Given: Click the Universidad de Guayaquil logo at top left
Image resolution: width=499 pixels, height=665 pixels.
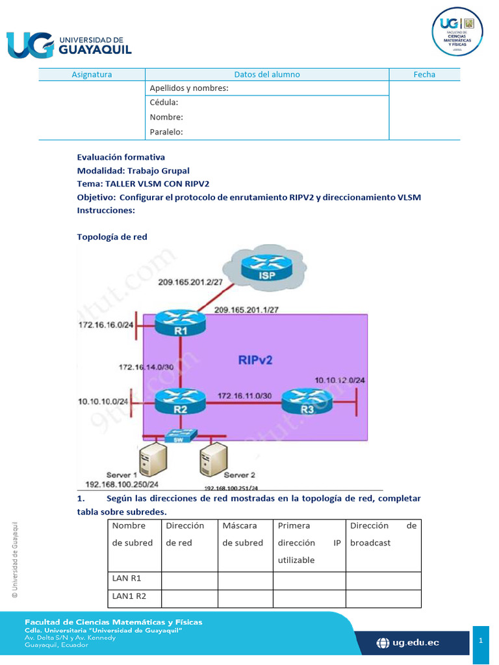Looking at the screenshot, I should (x=69, y=44).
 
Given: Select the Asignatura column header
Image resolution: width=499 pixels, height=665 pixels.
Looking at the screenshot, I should (x=92, y=75).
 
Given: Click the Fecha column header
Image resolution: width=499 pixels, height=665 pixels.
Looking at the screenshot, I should (x=424, y=75).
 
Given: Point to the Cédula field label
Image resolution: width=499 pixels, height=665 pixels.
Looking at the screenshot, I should (x=164, y=103).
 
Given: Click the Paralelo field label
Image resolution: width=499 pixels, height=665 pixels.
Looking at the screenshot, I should (x=166, y=132).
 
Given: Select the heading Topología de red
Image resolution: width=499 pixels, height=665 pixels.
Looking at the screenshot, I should (x=112, y=237).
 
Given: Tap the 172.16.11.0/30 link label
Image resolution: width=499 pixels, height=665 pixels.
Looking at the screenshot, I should (x=244, y=394).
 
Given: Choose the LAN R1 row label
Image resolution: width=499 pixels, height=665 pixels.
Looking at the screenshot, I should (x=127, y=577).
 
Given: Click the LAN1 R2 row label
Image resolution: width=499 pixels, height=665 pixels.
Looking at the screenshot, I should (x=129, y=595).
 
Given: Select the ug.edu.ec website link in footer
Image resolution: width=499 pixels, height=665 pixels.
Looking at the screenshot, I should (x=408, y=642).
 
